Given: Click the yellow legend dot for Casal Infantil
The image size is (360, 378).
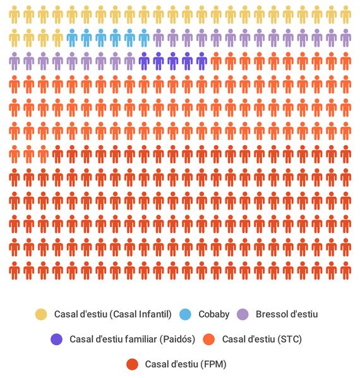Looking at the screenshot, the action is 41,314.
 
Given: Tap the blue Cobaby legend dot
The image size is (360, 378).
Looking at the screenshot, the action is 185,314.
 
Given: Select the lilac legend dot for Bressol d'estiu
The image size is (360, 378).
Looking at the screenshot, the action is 243,314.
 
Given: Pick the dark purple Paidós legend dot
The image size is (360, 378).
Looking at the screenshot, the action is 56,339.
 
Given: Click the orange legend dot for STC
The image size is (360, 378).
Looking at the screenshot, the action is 209,339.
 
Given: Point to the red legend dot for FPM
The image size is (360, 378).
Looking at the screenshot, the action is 132,364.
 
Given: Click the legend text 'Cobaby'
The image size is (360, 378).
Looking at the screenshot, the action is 213,314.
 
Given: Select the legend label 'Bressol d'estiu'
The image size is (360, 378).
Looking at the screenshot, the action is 287,314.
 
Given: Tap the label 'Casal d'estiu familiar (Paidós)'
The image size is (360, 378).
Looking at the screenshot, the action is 132,339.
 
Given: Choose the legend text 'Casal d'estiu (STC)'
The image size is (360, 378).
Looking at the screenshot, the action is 262,339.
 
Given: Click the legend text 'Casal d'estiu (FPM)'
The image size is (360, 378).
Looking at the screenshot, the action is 186,364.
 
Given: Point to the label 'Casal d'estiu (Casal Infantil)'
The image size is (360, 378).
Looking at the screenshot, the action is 113,314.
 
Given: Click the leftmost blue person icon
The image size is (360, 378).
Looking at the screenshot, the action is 72,38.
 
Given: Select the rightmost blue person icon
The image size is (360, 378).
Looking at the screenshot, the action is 144,38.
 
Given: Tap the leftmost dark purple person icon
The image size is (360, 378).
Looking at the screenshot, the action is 144,61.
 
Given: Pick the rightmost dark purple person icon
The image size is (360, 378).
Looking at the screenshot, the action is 201,61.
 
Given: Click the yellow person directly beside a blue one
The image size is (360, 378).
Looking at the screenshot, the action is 57,38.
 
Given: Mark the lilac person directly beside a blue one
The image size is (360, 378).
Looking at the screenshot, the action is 159,38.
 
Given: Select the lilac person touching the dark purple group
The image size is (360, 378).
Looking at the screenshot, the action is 129,61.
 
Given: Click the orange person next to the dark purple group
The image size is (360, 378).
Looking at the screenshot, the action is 216,61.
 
